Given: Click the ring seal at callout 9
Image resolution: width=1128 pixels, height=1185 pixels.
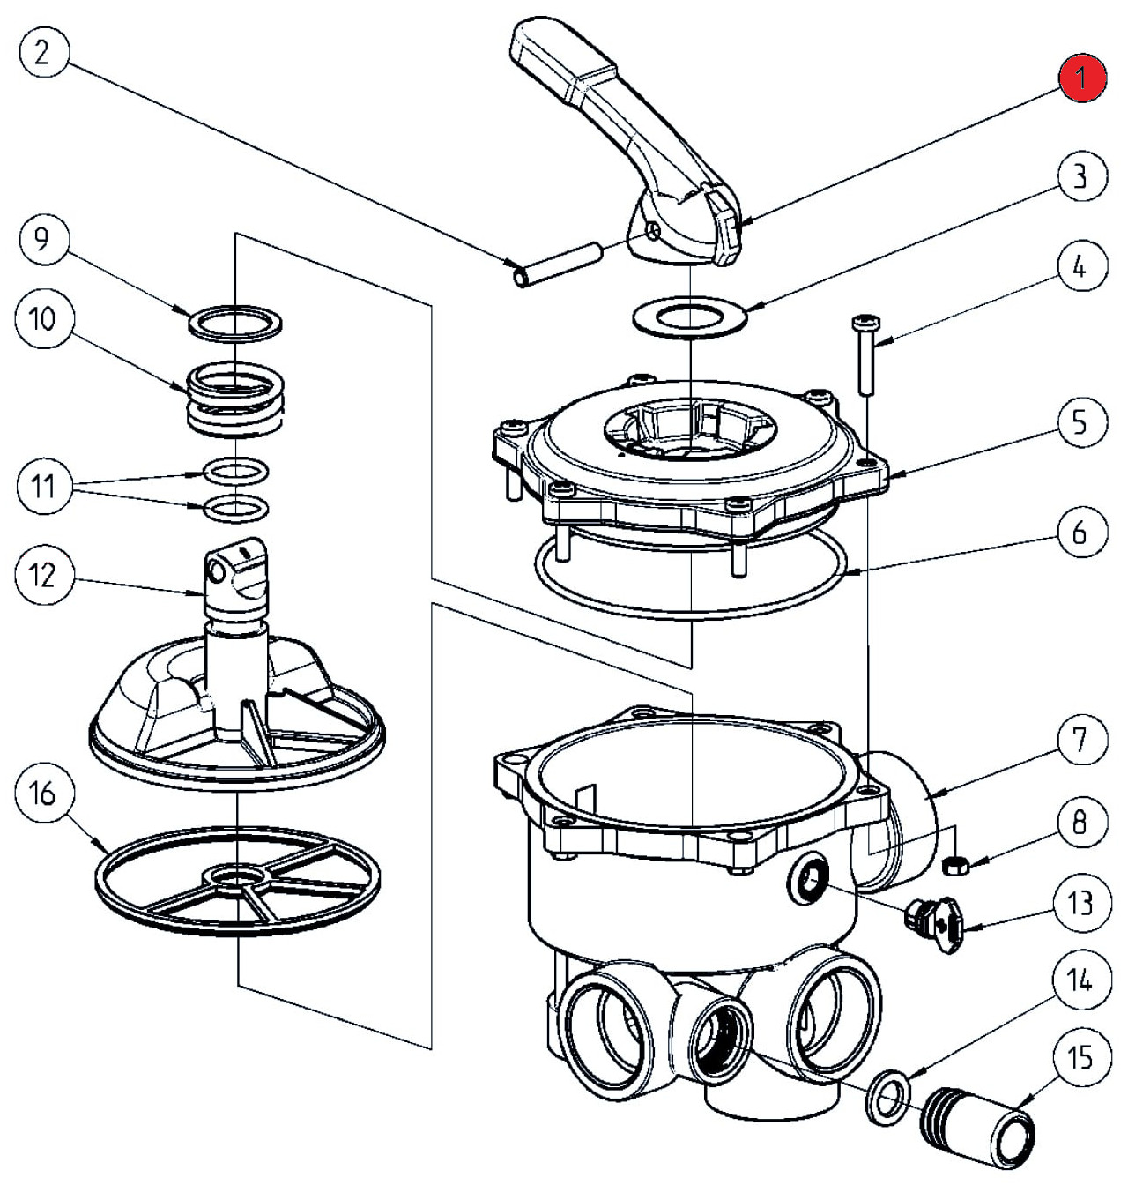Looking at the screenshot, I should [235, 321].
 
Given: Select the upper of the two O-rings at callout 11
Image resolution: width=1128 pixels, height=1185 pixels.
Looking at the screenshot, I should [235, 472].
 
